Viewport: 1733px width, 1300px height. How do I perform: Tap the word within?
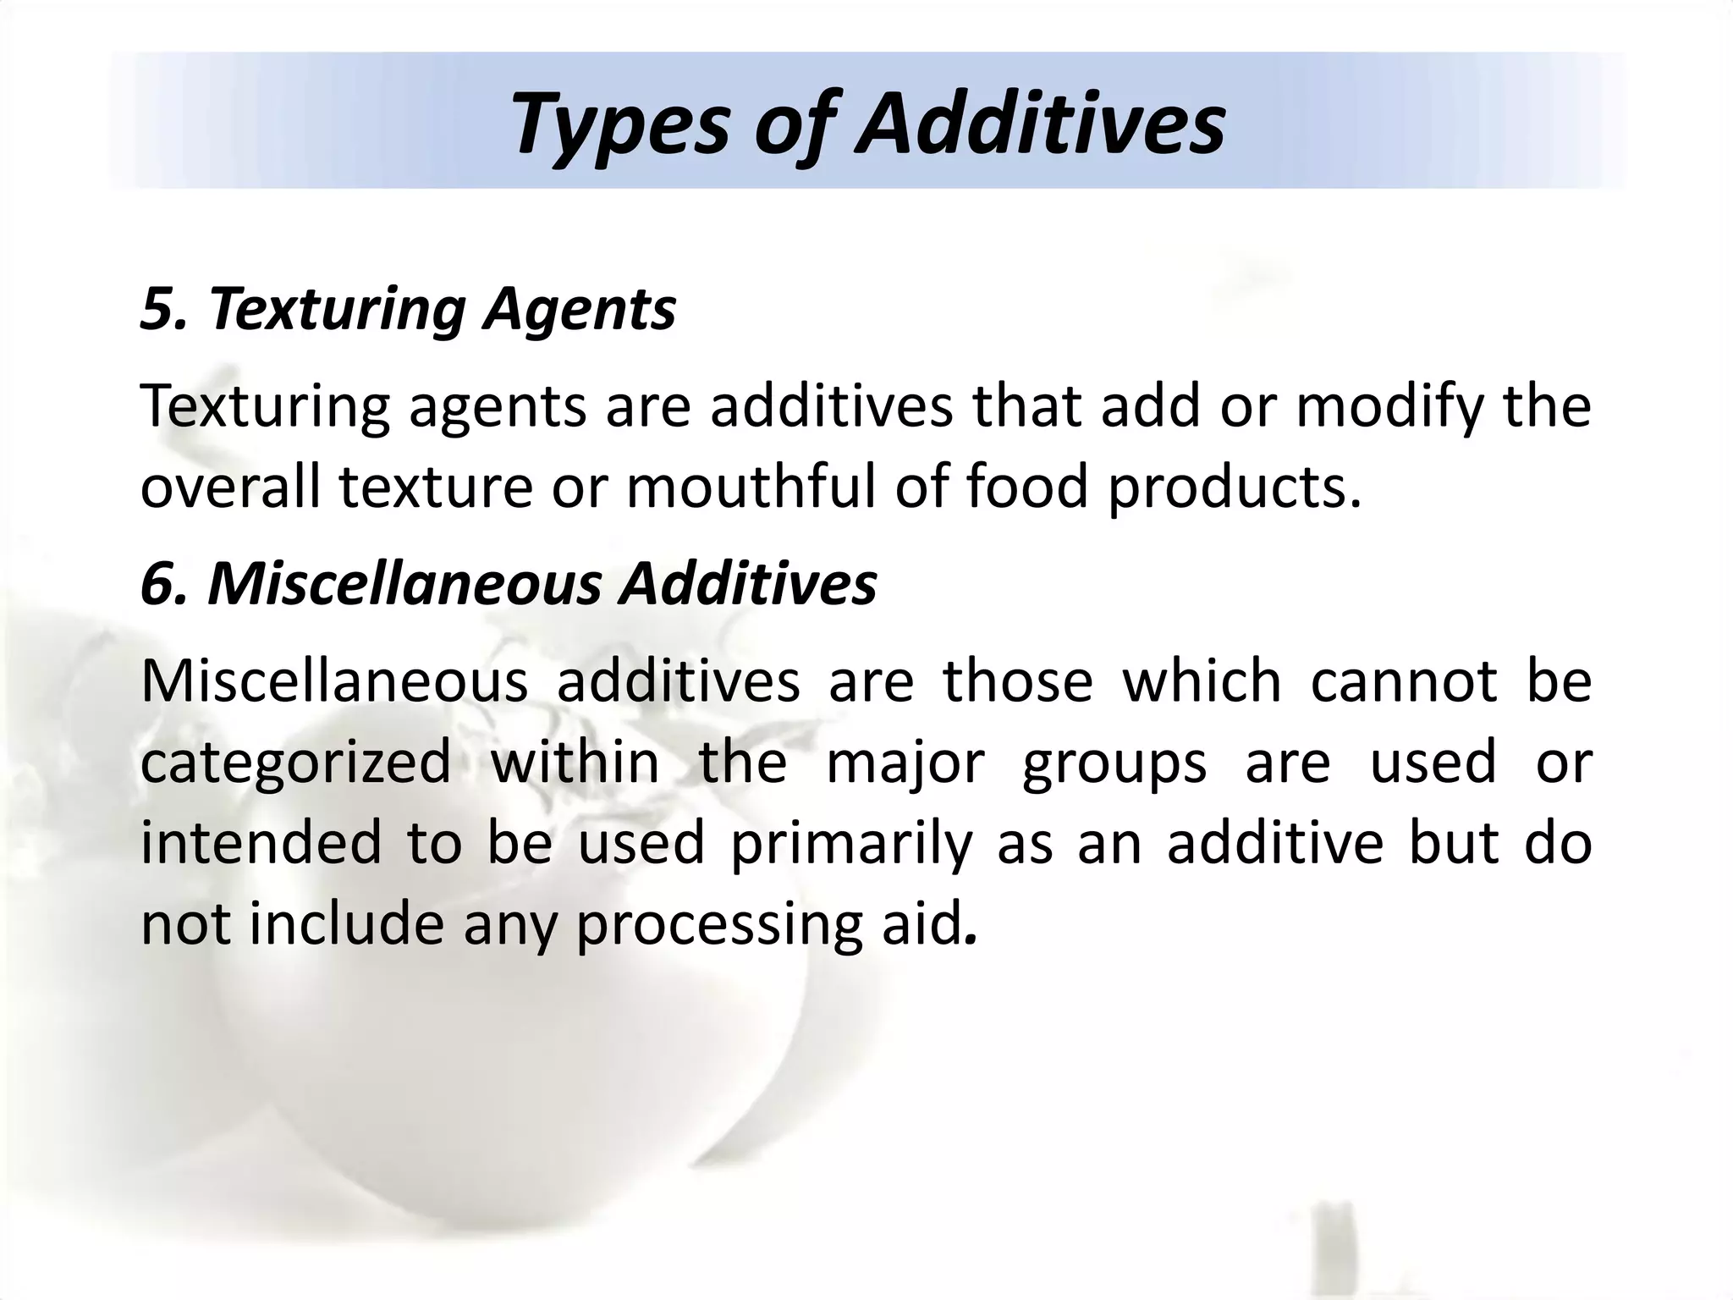tap(575, 762)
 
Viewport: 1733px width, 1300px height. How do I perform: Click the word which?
tap(1202, 681)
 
